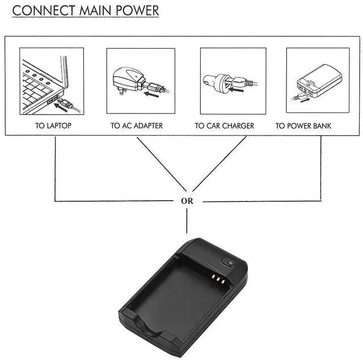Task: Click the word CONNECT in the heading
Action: tap(39, 11)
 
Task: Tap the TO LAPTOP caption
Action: tap(53, 126)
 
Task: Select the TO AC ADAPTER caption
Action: tap(137, 126)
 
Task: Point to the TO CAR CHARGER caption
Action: tap(225, 126)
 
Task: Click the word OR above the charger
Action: tap(187, 201)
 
